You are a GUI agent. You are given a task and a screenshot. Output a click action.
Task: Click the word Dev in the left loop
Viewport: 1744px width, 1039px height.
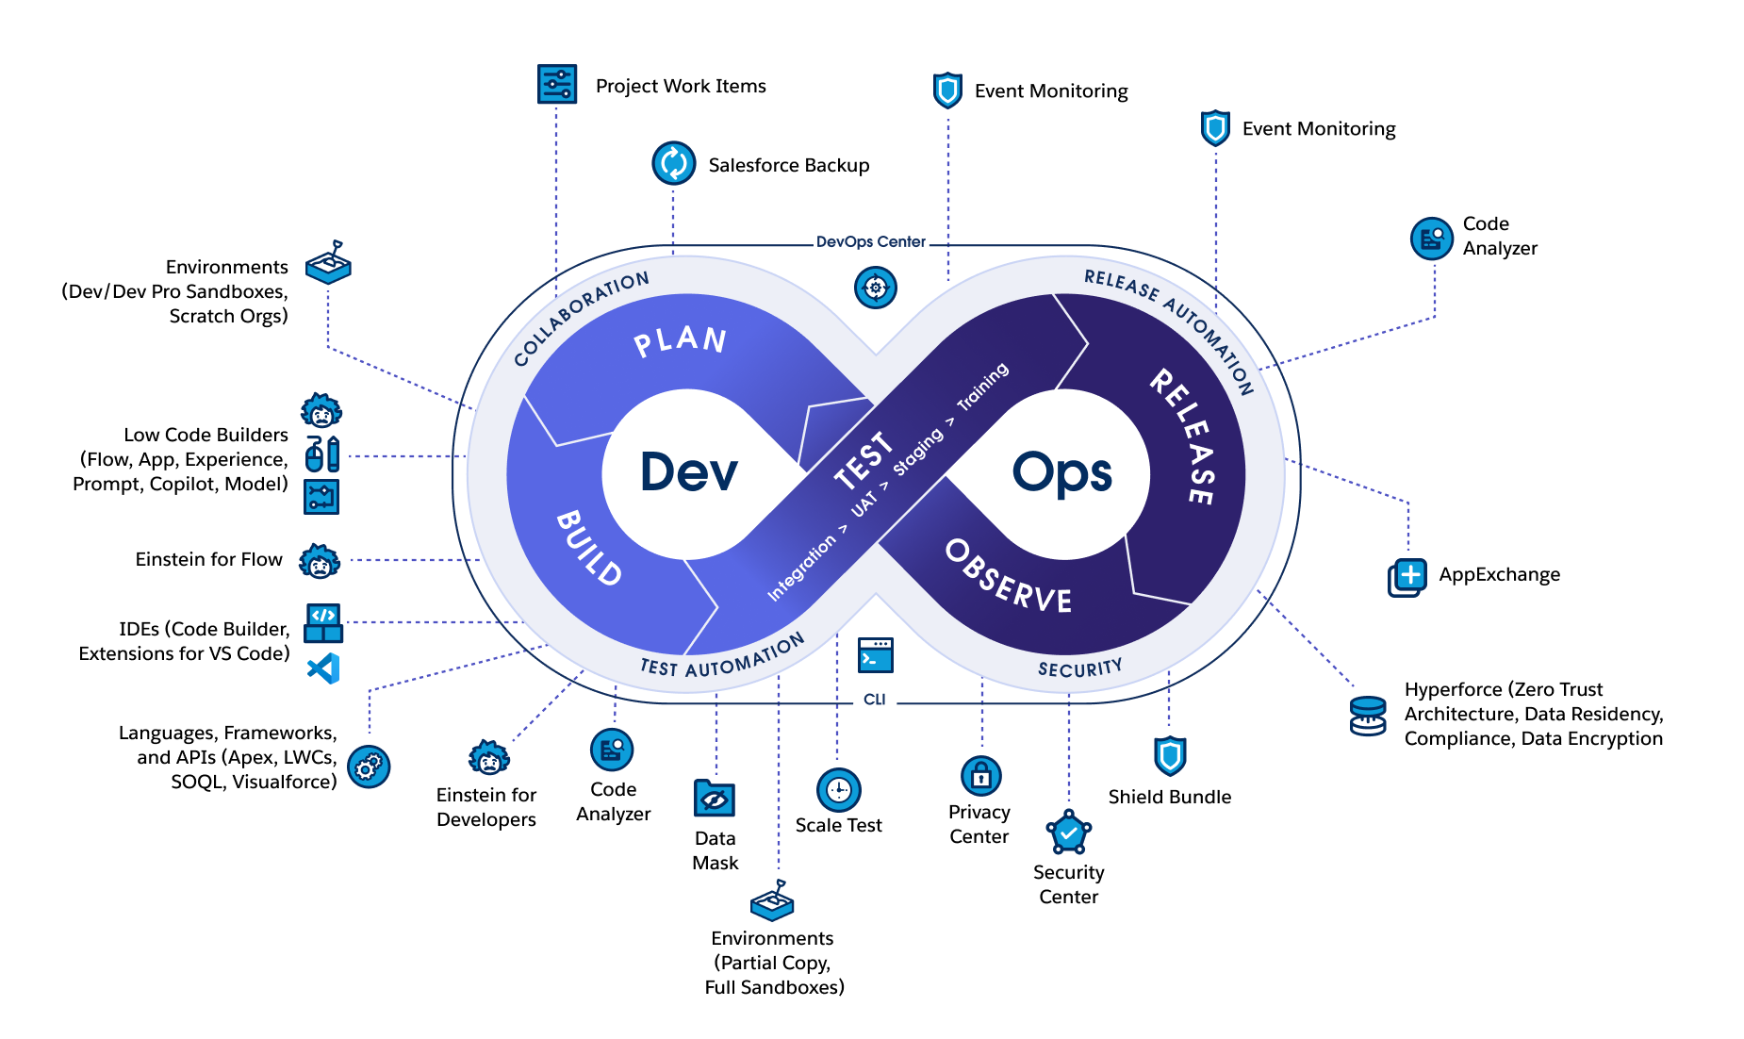click(x=688, y=471)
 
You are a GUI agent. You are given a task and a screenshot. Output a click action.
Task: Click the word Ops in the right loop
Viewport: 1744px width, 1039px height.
click(x=1061, y=473)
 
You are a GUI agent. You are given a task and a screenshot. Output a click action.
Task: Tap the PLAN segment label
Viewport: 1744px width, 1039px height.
click(x=680, y=340)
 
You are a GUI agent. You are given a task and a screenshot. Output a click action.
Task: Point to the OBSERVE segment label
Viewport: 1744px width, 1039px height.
click(x=1008, y=577)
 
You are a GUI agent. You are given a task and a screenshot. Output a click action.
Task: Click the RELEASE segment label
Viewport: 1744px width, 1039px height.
click(x=1182, y=436)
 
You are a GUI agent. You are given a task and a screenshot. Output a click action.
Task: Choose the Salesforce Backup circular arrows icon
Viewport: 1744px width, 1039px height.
click(x=673, y=163)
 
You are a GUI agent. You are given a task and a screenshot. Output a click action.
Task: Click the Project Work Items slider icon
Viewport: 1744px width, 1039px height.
click(x=556, y=84)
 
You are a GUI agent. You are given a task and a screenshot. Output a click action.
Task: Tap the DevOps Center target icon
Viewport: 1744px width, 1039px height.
click(x=875, y=287)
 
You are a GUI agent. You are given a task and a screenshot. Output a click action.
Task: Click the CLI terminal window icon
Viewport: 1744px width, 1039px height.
click(x=875, y=655)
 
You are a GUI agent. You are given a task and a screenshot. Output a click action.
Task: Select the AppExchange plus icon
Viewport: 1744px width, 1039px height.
click(x=1407, y=576)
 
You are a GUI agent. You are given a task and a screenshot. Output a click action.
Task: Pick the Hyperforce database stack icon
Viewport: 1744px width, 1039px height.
click(x=1367, y=716)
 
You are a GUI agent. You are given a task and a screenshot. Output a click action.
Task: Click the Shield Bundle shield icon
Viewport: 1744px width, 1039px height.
click(x=1169, y=755)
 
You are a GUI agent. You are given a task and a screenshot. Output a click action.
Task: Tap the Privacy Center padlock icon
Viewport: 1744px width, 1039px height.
click(x=980, y=776)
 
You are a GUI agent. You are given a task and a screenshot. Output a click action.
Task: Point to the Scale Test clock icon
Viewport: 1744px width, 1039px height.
click(x=838, y=789)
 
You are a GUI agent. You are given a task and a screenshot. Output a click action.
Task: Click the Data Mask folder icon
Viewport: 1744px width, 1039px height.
click(x=714, y=799)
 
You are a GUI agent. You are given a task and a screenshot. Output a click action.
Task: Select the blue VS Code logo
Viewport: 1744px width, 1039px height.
click(x=323, y=668)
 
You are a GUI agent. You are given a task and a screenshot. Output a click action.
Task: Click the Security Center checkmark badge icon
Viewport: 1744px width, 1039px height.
click(x=1068, y=833)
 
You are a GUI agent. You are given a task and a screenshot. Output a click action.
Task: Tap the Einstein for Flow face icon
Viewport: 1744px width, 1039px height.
click(x=320, y=561)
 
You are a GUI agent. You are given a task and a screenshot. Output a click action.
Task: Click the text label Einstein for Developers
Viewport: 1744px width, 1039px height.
click(x=486, y=807)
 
